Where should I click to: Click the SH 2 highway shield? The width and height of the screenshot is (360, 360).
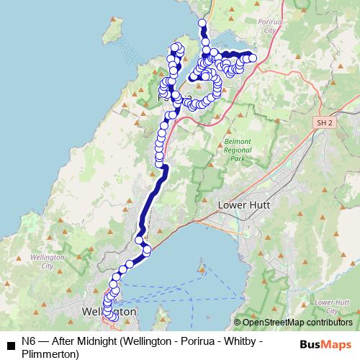[x=325, y=124]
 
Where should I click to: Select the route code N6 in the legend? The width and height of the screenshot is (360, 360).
[x=28, y=342]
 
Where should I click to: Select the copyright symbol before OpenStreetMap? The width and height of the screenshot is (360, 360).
[x=237, y=323]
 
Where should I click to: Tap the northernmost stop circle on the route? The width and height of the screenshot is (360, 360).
[x=202, y=24]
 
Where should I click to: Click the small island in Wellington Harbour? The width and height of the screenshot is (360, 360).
[x=202, y=272]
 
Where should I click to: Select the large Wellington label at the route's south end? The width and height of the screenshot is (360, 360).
[x=109, y=313]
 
